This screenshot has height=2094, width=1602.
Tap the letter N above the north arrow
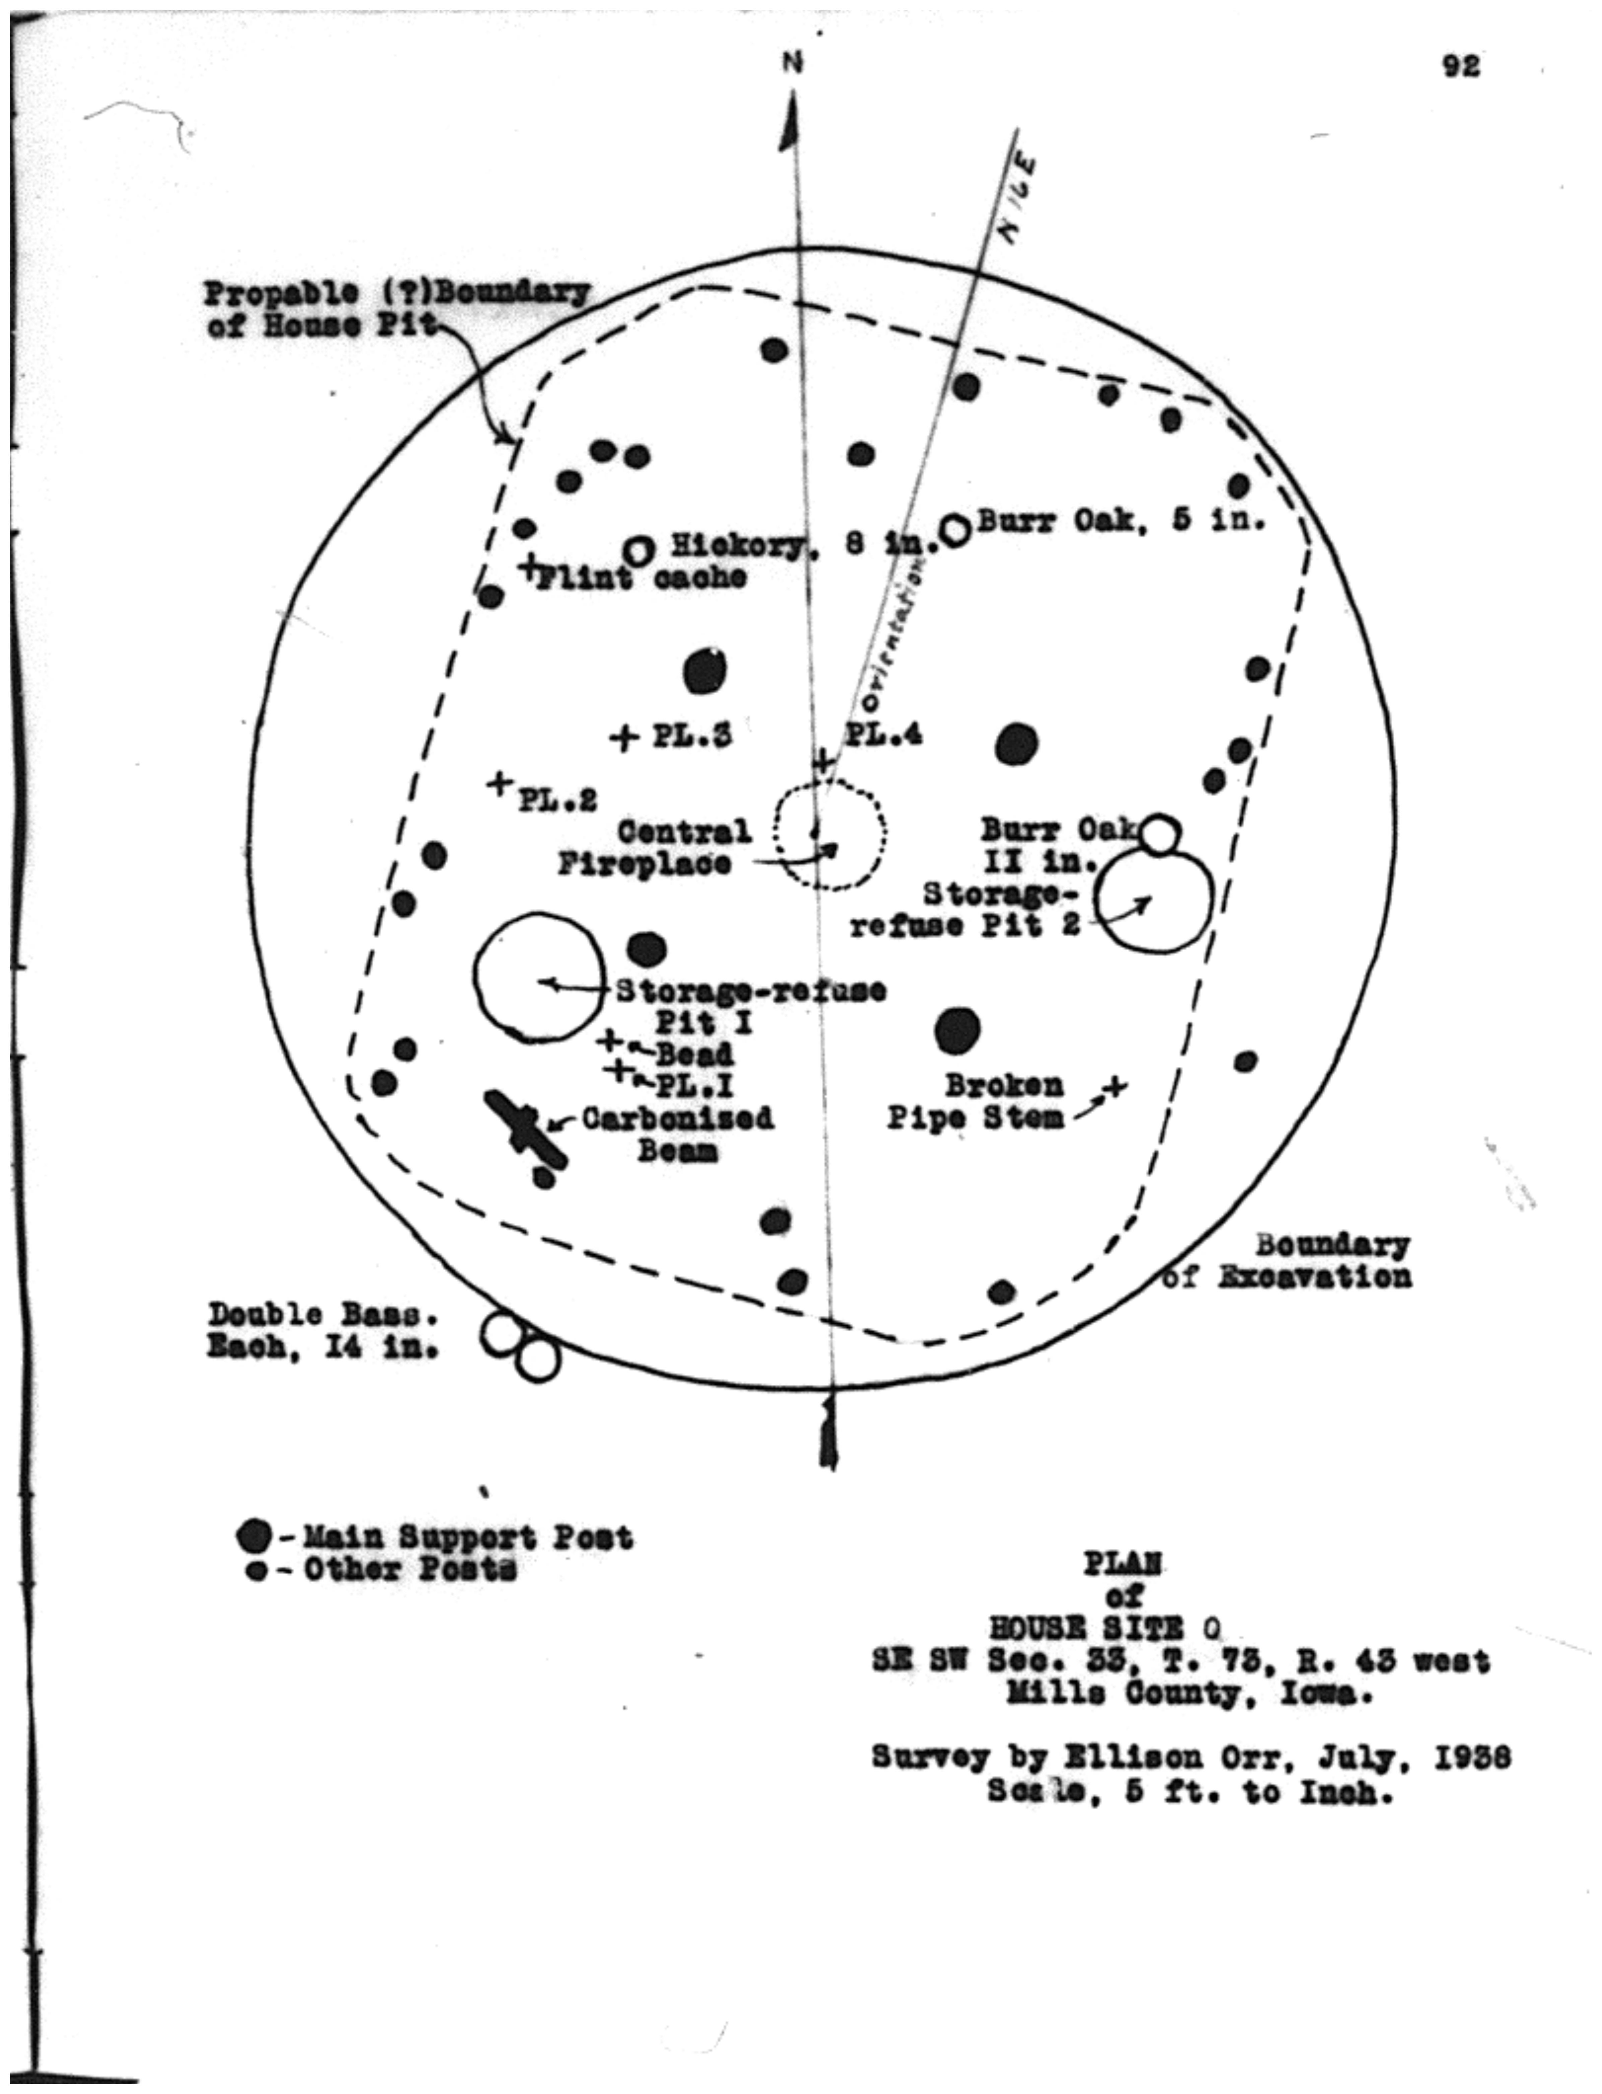pyautogui.click(x=792, y=63)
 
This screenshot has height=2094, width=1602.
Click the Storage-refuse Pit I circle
pyautogui.click(x=539, y=977)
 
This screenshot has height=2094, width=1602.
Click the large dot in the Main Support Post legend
pyautogui.click(x=255, y=1537)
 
